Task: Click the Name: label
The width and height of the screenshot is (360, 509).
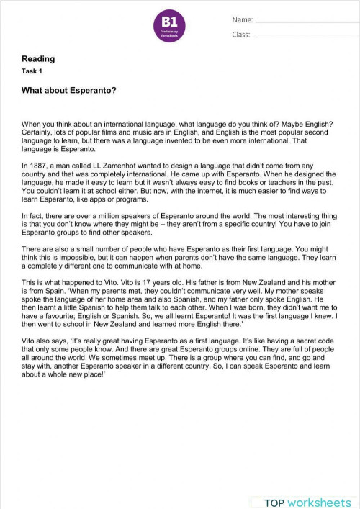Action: click(242, 20)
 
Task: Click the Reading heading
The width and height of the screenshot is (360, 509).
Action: click(38, 59)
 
